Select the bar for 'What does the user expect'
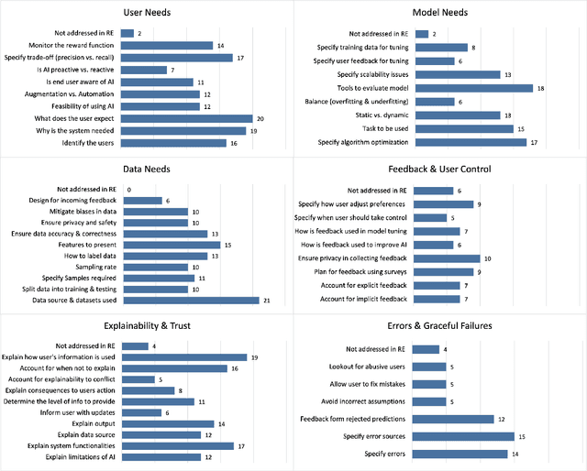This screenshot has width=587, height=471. pyautogui.click(x=186, y=118)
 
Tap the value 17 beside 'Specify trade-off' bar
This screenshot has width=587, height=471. pyautogui.click(x=240, y=57)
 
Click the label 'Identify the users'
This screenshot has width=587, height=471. pyautogui.click(x=90, y=143)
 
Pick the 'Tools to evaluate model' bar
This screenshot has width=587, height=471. pyautogui.click(x=473, y=88)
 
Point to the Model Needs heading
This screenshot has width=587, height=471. pyautogui.click(x=440, y=13)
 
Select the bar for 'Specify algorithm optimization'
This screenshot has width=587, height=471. pyautogui.click(x=471, y=143)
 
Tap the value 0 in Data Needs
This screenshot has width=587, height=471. pyautogui.click(x=128, y=189)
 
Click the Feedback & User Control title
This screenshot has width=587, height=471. pyautogui.click(x=440, y=170)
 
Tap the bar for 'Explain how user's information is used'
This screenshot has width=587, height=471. pyautogui.click(x=184, y=357)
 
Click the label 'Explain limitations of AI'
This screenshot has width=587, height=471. pyautogui.click(x=76, y=456)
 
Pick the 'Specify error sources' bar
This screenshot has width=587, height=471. pyautogui.click(x=464, y=436)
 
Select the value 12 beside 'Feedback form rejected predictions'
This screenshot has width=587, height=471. pyautogui.click(x=501, y=419)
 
